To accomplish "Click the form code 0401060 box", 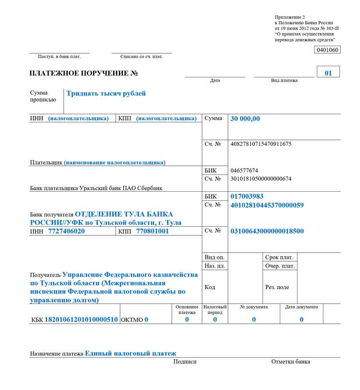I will click(x=327, y=50).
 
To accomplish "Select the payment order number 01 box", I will click(x=328, y=73).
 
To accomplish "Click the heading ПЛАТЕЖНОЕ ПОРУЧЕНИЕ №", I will click(x=84, y=73).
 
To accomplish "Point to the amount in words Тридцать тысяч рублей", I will click(x=106, y=94).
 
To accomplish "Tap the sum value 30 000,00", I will click(x=245, y=119).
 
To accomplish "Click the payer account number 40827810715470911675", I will click(x=261, y=144).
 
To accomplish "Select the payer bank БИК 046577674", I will click(x=244, y=171).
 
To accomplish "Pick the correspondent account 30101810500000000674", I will click(x=261, y=179).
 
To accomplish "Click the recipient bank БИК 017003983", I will click(x=247, y=196).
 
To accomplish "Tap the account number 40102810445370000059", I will click(x=267, y=205).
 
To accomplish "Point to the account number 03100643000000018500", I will click(x=267, y=231).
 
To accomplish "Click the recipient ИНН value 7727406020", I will click(x=66, y=231).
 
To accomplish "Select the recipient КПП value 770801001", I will click(x=153, y=231).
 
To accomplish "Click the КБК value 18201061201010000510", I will click(x=81, y=319).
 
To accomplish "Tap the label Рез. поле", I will click(x=277, y=287).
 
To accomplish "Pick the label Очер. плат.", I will click(x=280, y=266).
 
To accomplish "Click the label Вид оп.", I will click(x=214, y=257).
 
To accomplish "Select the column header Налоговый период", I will click(x=215, y=309).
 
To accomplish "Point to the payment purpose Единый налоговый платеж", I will click(x=131, y=353).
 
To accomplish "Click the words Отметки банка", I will click(x=290, y=362).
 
